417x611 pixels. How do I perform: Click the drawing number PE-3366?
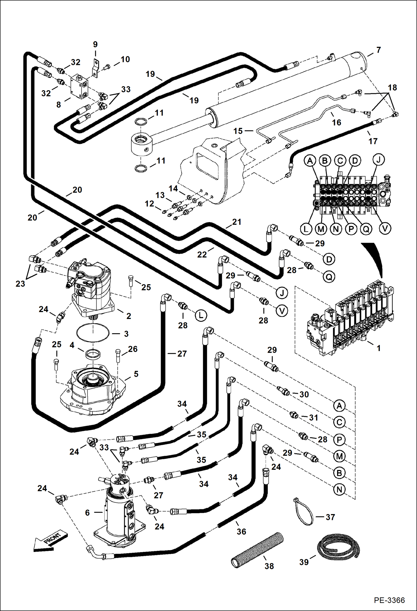[x=389, y=600]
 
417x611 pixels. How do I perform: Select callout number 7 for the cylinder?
[x=378, y=50]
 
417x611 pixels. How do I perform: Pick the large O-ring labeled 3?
[x=93, y=332]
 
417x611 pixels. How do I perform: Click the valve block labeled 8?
[x=79, y=86]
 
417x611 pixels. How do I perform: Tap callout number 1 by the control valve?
[x=378, y=348]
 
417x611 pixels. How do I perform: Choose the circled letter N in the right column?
[x=339, y=490]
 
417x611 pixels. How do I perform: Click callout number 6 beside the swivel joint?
[x=87, y=513]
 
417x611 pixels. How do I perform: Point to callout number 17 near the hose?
[x=373, y=141]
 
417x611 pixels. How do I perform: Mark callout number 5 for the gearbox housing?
[x=136, y=374]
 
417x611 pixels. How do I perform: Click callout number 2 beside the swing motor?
[x=129, y=316]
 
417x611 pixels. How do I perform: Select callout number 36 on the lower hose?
[x=241, y=532]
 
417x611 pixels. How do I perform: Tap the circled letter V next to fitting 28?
[x=282, y=311]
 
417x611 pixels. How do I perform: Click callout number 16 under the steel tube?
[x=336, y=122]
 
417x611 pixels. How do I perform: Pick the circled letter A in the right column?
[x=339, y=406]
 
